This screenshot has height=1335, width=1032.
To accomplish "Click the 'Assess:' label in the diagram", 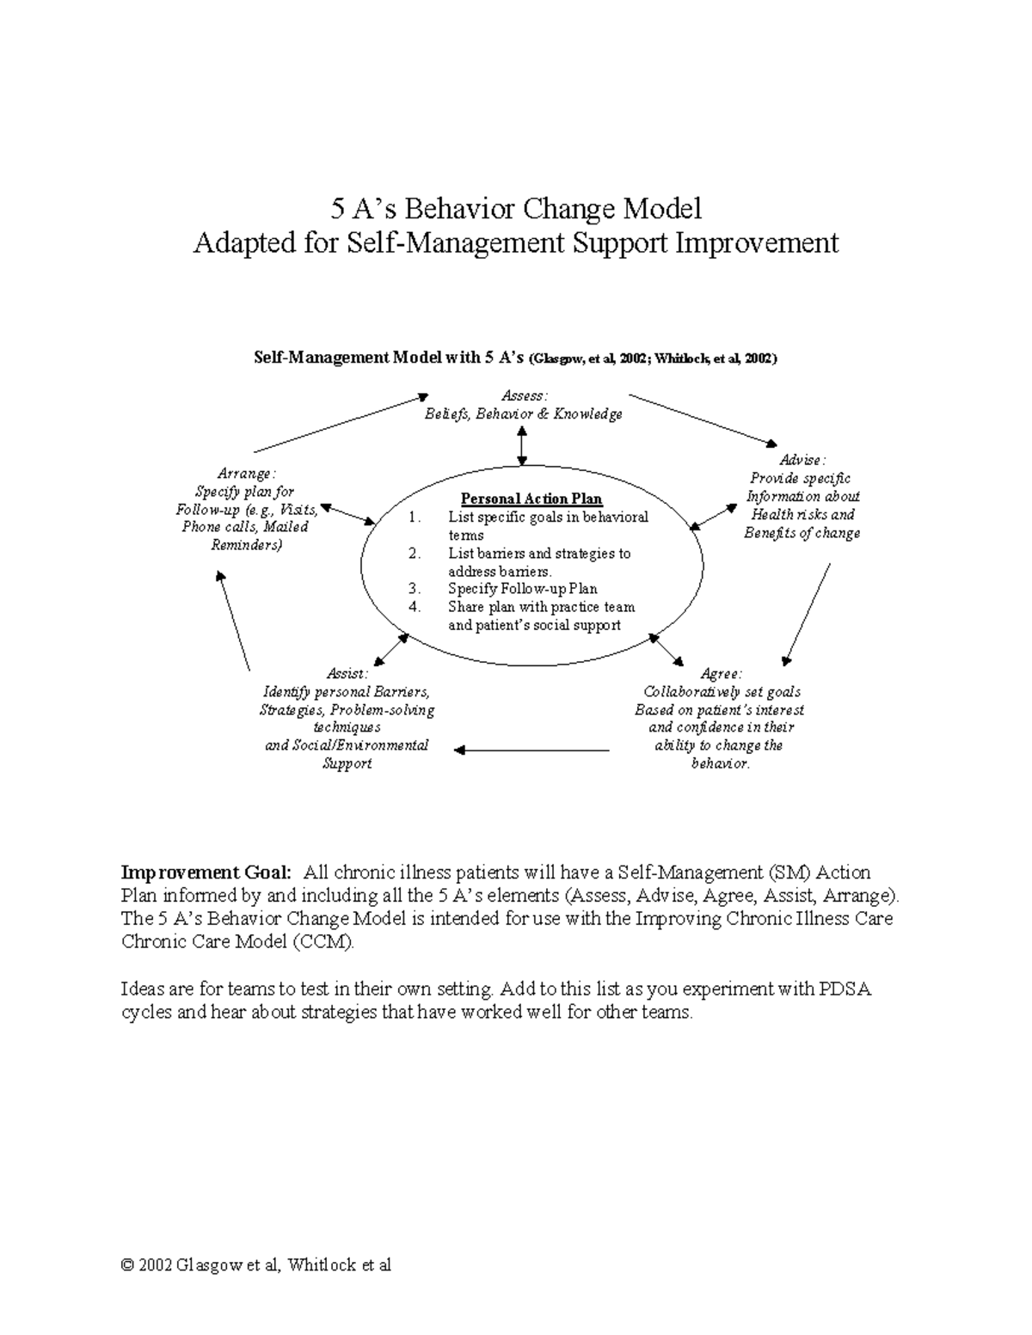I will tap(524, 395).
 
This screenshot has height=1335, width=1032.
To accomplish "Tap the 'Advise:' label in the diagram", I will tap(802, 460).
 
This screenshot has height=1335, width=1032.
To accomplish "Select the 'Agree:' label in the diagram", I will tap(721, 674).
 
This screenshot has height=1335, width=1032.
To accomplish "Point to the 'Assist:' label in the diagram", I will tap(347, 674).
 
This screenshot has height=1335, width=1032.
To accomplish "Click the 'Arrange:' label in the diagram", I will tap(246, 474).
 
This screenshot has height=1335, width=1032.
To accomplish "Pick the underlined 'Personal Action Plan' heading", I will tap(531, 499).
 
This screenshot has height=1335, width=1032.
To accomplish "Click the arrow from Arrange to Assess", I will tap(341, 423).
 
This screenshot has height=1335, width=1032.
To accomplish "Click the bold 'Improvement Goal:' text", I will tap(207, 873).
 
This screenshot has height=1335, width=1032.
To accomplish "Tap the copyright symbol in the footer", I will tap(128, 1265).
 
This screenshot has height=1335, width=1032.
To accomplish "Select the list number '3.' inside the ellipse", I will tap(415, 589).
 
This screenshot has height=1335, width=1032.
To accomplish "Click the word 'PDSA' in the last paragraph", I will tap(846, 989).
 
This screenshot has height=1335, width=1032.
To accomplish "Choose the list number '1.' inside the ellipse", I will tap(415, 517).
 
